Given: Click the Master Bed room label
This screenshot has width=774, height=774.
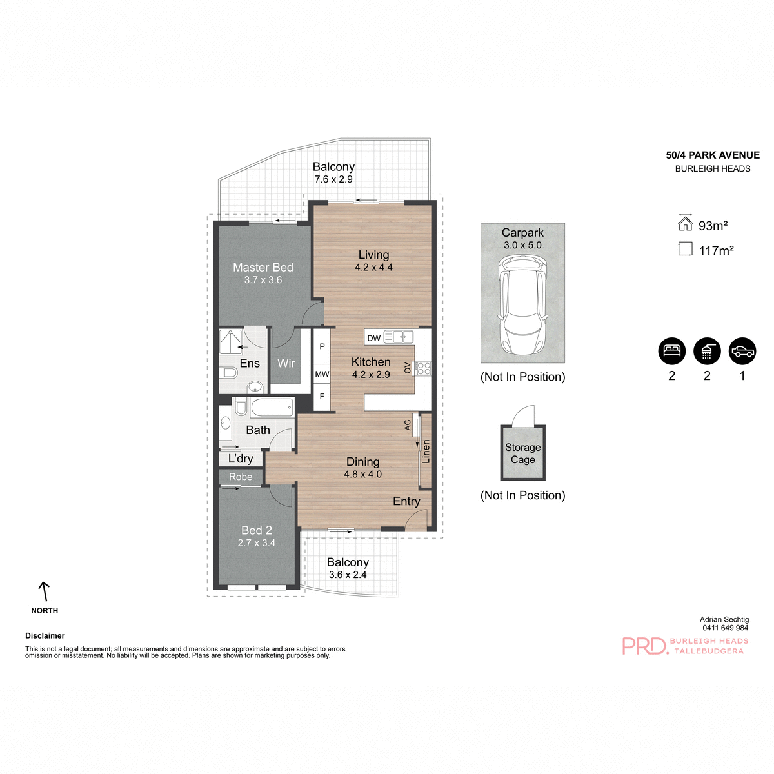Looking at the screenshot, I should point(263,267).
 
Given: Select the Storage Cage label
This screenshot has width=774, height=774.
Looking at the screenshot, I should point(522,453).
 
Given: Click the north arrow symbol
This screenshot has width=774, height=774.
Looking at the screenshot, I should point(44,591).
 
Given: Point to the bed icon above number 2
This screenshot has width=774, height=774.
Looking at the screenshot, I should point(671,351).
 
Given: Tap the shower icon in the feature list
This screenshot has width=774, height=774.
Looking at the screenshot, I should point(707,351).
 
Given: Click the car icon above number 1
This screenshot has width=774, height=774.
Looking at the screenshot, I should point(742,351).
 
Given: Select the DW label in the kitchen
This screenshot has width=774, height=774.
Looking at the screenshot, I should point(374,338).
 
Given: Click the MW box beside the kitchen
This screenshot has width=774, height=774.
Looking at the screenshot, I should point(322,374).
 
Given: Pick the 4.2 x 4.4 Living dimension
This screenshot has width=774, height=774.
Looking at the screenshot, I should point(373,267).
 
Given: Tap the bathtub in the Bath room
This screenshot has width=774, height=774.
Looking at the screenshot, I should point(272,408).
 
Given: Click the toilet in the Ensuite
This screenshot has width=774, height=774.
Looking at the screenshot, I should point(228,373).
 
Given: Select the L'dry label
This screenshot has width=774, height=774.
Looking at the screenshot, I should point(241,459).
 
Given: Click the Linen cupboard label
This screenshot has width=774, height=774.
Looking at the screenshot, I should point(426,451).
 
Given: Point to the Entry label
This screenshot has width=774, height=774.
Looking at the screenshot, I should point(406,501).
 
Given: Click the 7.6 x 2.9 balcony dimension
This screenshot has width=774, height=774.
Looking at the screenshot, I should point(333,179).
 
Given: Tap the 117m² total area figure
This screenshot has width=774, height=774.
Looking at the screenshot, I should point(716,251).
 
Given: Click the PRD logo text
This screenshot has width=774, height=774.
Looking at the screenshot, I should point(644,646).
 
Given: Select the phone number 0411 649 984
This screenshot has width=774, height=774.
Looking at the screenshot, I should point(725,628).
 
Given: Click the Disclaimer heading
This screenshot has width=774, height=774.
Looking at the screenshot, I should point(45,635).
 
